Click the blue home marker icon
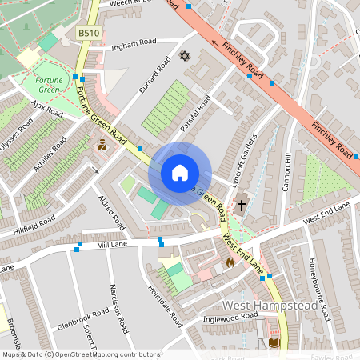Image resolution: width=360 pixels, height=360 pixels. pos(179,173)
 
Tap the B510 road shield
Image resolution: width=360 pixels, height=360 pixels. pos(88,33)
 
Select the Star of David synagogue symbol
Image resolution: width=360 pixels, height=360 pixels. pos(185,57)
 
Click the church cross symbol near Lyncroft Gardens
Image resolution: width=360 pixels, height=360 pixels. pos(242,205)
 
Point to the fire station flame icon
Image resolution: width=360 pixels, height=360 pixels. pos(230,262)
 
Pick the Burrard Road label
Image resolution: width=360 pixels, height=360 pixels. pos(155,74)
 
